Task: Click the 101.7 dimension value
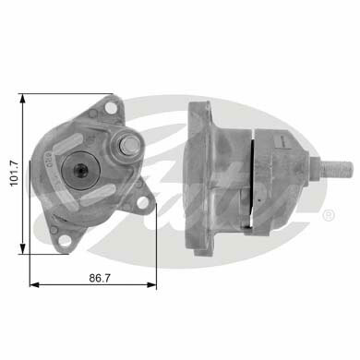[15, 174]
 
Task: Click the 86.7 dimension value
[100, 278]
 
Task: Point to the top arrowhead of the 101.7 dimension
[22, 100]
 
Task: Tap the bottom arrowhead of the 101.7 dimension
[22, 248]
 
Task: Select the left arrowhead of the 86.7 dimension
[35, 285]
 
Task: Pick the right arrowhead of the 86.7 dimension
[151, 285]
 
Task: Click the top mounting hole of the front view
[110, 107]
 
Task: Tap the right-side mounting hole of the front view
[142, 202]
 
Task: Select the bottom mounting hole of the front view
[65, 240]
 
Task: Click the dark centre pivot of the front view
[80, 169]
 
